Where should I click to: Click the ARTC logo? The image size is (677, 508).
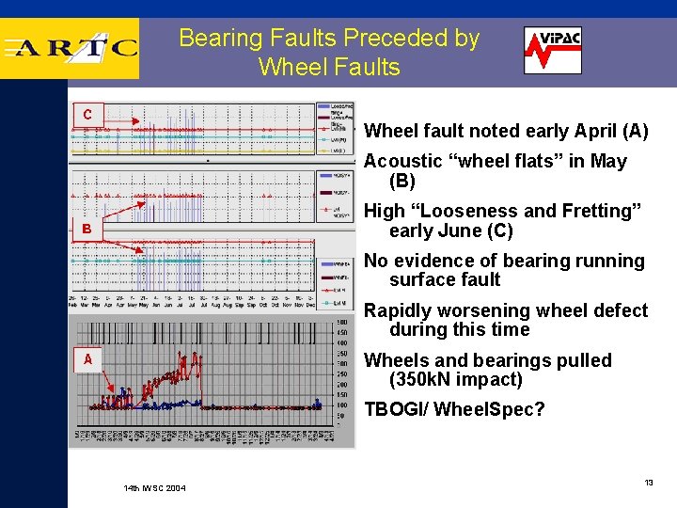[71, 48]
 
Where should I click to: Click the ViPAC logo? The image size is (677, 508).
[552, 50]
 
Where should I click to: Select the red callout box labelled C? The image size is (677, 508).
[87, 115]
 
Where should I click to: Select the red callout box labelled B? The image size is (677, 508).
[87, 229]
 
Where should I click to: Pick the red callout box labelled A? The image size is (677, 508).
[87, 359]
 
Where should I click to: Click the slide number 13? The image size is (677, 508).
[648, 483]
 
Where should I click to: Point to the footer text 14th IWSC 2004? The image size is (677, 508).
[154, 488]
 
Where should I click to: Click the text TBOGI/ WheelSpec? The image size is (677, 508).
[454, 410]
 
